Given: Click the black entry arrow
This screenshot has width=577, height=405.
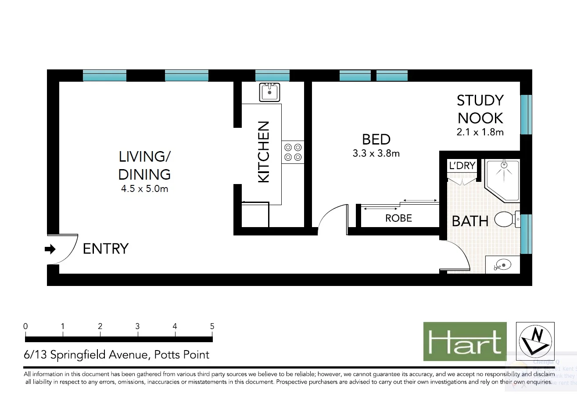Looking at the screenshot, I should pos(50,250).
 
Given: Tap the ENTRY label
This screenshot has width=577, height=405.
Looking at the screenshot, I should pos(106,249).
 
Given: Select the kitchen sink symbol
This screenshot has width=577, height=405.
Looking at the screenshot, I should pos(269,92).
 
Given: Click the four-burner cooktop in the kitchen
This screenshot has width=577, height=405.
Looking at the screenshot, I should pos(293,152).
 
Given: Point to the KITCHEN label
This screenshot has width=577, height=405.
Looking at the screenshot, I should pos(263,152).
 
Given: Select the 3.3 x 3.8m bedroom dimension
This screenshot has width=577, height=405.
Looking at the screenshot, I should pos(376,154).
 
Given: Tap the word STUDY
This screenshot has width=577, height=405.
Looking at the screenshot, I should pos(480,101).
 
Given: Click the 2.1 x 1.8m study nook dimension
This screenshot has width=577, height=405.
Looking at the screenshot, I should pos(480,132).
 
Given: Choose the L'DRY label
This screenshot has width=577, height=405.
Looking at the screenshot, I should pos(462,166).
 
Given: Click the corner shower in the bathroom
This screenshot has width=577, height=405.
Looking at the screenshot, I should pos(503,179).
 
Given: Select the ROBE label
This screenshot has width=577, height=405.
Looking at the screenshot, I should pos(398,218).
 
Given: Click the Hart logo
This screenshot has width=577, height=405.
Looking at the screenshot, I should pos(465,341).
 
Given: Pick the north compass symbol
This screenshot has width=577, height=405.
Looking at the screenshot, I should pos(535,341).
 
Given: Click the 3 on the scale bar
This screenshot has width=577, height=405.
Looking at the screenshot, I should pos(137,326).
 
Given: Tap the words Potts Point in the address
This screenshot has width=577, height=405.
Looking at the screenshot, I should pos(181,354).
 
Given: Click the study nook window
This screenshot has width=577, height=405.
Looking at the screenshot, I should pos(526,114).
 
